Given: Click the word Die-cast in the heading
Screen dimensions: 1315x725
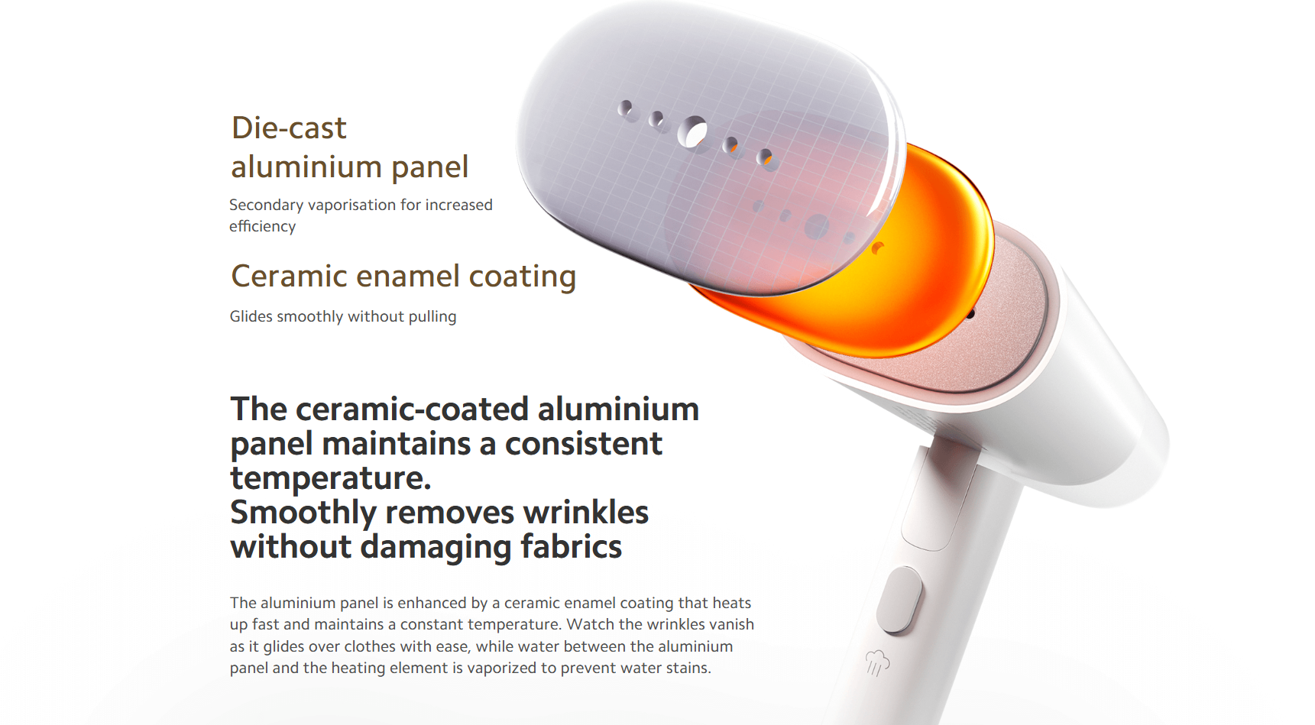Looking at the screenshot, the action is (289, 128).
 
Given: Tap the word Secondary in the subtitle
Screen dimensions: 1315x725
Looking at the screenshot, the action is (266, 206).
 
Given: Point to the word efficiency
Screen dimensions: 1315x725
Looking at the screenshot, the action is (262, 226).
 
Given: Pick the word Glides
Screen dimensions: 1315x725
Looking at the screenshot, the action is (251, 316).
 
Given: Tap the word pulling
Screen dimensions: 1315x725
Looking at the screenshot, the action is (432, 316).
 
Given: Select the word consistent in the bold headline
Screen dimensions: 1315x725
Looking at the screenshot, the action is (584, 444).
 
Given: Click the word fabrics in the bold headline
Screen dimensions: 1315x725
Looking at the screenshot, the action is (572, 547).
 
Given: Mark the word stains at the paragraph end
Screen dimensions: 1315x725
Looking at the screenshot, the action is (686, 668).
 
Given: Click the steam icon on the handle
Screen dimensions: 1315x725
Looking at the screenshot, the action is (877, 662).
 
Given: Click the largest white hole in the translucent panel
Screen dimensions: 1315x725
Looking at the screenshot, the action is (694, 133).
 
